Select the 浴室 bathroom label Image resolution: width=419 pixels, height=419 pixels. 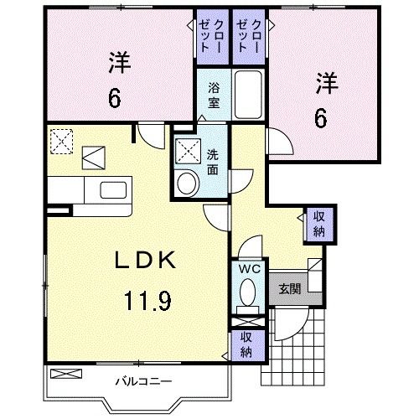pos(212,93)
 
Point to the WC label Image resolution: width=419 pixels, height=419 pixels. pos(246,270)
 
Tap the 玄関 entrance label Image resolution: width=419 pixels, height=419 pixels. pos(289,288)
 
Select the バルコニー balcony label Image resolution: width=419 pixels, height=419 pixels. pos(143,381)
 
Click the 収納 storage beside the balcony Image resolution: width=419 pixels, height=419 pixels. pos(246,343)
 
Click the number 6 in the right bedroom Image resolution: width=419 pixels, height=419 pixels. pos(322,117)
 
